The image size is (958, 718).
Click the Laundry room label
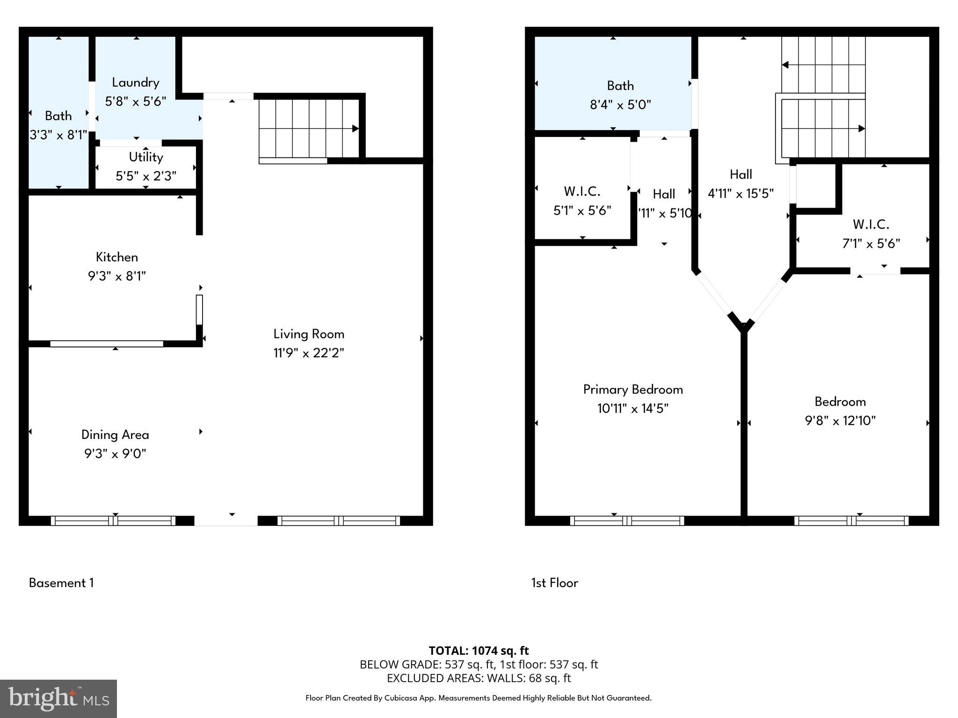pyautogui.click(x=135, y=83)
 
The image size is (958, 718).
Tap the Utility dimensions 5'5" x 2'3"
pyautogui.click(x=145, y=176)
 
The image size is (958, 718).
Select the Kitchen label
pyautogui.click(x=116, y=257)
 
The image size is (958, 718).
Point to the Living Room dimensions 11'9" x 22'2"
pyautogui.click(x=309, y=353)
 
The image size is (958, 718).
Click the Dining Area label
pyautogui.click(x=115, y=435)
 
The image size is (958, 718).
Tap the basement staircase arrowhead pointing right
pyautogui.click(x=355, y=129)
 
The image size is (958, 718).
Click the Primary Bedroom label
pyautogui.click(x=632, y=389)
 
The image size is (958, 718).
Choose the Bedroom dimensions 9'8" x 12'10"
pyautogui.click(x=840, y=421)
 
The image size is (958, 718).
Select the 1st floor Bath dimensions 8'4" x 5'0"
pyautogui.click(x=620, y=105)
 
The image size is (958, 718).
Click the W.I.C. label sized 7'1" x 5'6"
pyautogui.click(x=871, y=224)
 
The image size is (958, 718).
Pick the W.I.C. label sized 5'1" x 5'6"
pyautogui.click(x=582, y=191)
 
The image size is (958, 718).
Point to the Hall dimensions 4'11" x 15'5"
pyautogui.click(x=740, y=194)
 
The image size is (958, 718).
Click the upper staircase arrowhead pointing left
pyautogui.click(x=785, y=65)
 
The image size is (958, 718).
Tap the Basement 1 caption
pyautogui.click(x=61, y=583)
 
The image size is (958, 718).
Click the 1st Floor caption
pyautogui.click(x=554, y=583)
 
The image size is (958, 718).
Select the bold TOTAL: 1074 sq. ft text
pyautogui.click(x=479, y=651)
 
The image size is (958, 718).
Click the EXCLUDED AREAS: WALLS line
pyautogui.click(x=479, y=678)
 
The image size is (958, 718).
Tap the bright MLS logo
pyautogui.click(x=58, y=698)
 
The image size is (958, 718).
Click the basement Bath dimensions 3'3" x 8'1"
pyautogui.click(x=58, y=135)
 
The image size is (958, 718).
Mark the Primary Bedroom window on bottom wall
pyautogui.click(x=627, y=521)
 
